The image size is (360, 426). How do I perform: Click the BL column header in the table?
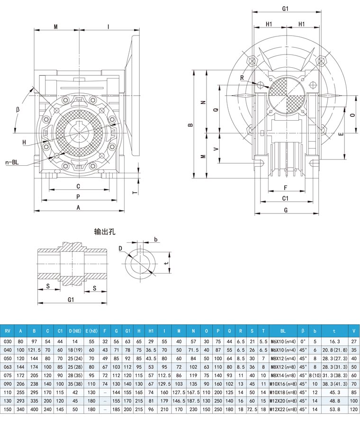click(x=283, y=331)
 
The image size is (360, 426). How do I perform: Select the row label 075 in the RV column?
click(x=8, y=375)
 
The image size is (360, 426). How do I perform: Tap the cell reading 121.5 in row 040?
click(x=34, y=350)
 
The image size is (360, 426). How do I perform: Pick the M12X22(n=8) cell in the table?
click(x=283, y=409)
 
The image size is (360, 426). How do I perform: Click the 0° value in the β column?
click(x=303, y=341)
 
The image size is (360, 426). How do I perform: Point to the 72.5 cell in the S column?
click(x=252, y=409)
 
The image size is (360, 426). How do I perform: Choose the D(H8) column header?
click(x=75, y=331)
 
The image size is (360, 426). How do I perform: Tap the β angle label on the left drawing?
click(x=18, y=110)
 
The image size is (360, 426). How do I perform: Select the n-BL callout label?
click(x=12, y=162)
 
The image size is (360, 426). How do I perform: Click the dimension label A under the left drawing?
click(x=78, y=208)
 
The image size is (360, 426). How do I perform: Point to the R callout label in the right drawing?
click(x=242, y=78)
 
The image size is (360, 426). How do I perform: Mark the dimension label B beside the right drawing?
click(x=191, y=124)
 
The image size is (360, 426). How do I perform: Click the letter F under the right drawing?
click(x=286, y=188)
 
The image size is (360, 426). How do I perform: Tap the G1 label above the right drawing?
click(x=285, y=9)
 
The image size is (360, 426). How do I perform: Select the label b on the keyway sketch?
click(x=156, y=240)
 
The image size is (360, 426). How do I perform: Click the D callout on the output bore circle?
click(x=120, y=248)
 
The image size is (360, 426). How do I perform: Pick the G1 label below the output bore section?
click(x=71, y=300)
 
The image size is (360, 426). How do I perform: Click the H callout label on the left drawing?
click(x=24, y=142)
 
